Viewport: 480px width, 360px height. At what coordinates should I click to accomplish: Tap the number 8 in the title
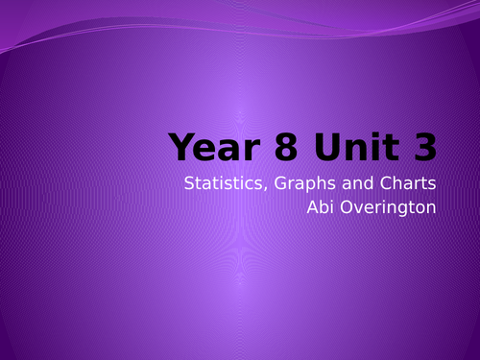pos(270,147)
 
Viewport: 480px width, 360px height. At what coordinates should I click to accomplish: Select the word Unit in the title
pos(340,147)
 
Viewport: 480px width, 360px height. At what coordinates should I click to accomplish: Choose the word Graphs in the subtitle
pos(299,184)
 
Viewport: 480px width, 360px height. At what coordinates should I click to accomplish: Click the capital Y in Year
pos(180,147)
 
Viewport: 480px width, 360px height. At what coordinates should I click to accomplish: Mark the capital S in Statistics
pos(190,183)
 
